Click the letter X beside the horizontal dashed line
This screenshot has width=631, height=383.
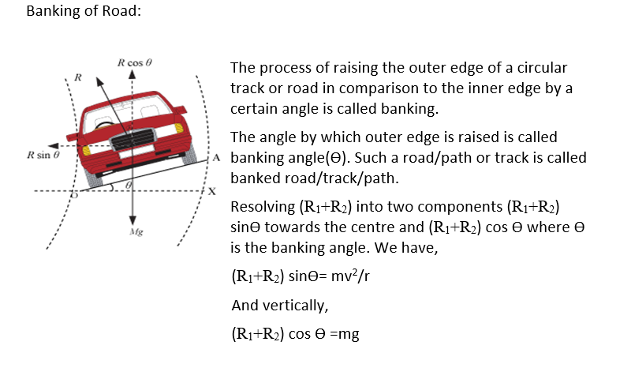211,191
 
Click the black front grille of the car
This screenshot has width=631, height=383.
132,142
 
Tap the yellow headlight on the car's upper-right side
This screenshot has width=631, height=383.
179,126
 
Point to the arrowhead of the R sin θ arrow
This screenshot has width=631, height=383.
51,145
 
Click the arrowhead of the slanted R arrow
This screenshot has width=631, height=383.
99,81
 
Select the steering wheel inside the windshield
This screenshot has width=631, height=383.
106,123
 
